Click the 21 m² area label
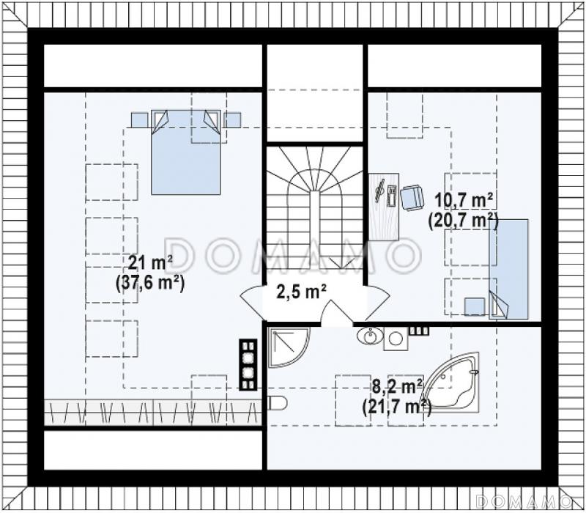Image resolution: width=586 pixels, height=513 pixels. (151, 262)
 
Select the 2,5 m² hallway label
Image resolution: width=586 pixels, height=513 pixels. (301, 292)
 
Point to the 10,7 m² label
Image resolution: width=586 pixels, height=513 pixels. (464, 202)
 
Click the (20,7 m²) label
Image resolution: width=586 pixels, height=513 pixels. (464, 221)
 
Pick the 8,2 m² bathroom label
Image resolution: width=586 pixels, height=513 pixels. (398, 386)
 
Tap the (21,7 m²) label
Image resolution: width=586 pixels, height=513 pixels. (397, 406)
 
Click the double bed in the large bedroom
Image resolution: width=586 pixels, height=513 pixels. (186, 152)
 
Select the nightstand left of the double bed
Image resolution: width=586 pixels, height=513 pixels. (140, 120)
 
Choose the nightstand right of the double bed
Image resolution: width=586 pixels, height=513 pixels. (232, 120)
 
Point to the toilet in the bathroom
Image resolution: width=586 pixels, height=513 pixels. (278, 403)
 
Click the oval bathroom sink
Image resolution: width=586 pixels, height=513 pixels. (370, 335)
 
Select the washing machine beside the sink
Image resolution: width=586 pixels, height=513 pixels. (396, 339)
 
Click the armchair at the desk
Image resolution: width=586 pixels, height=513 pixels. (412, 198)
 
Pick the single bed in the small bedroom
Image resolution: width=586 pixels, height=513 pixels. (508, 269)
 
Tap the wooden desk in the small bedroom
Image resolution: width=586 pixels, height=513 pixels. (383, 206)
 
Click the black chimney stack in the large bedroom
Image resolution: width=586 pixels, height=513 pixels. (248, 365)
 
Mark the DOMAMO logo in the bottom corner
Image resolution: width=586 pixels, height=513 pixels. (527, 501)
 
